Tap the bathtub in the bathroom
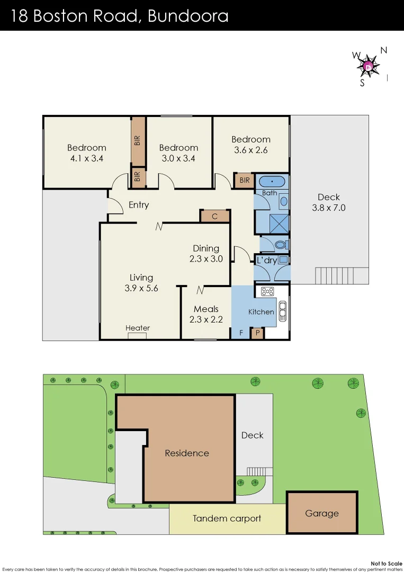(271, 182)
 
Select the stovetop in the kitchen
(266, 291)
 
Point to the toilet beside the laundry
(281, 244)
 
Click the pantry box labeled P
(257, 333)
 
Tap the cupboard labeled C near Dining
(215, 216)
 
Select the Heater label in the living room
(138, 328)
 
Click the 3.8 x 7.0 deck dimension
(328, 208)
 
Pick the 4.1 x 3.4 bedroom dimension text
(87, 158)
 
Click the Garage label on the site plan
(321, 513)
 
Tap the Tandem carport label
(227, 519)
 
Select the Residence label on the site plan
(186, 453)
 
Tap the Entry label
(139, 205)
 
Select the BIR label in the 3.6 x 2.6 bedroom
(244, 181)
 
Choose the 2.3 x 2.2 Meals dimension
(206, 319)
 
